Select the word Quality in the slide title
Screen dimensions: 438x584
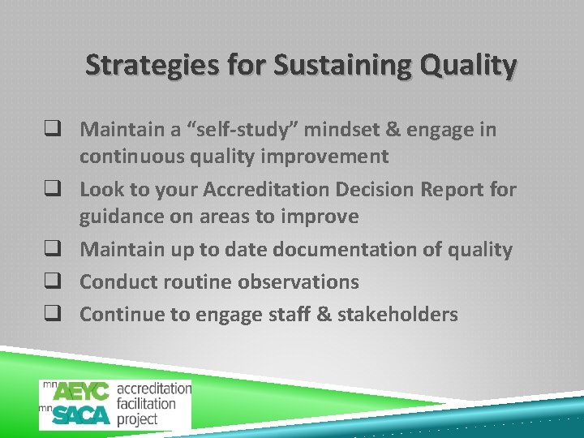[466, 65]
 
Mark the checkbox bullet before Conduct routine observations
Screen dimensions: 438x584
[61, 282]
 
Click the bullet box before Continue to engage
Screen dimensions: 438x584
[61, 315]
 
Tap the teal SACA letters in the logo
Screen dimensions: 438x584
[81, 415]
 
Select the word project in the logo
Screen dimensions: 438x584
[137, 419]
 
